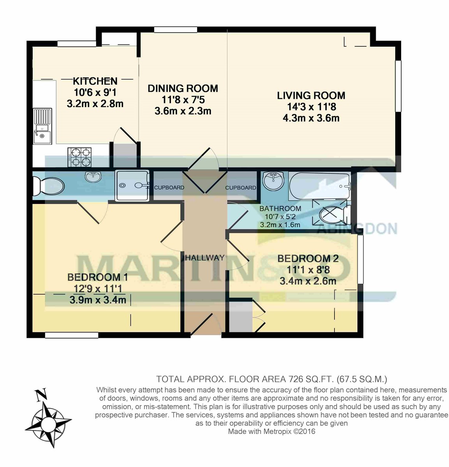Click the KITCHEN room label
pyautogui.click(x=95, y=81)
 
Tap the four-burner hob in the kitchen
pyautogui.click(x=79, y=158)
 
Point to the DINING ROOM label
pyautogui.click(x=183, y=88)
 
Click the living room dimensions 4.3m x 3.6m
pyautogui.click(x=311, y=118)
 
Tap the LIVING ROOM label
pyautogui.click(x=311, y=95)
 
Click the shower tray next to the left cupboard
pyautogui.click(x=132, y=186)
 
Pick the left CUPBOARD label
pyautogui.click(x=169, y=188)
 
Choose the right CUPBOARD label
pyautogui.click(x=241, y=188)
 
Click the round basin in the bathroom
pyautogui.click(x=274, y=181)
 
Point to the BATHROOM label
pyautogui.click(x=280, y=209)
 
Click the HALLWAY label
pyautogui.click(x=205, y=258)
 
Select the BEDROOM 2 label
pyautogui.click(x=308, y=258)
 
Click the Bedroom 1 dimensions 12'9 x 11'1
pyautogui.click(x=98, y=288)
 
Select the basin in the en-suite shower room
pyautogui.click(x=92, y=177)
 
